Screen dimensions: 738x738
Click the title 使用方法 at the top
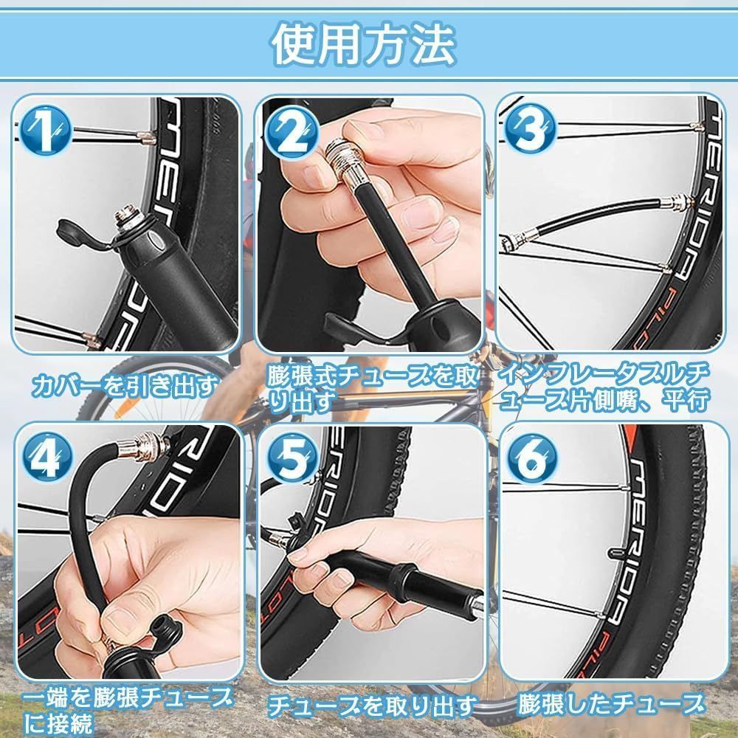pyautogui.click(x=363, y=44)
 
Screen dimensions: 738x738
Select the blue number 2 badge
pyautogui.click(x=292, y=134)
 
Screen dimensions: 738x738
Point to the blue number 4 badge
pyautogui.click(x=47, y=456)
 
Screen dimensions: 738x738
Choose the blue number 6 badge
pyautogui.click(x=532, y=458)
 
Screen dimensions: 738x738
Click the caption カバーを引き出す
pyautogui.click(x=125, y=386)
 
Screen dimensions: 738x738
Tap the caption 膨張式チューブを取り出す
pyautogui.click(x=372, y=389)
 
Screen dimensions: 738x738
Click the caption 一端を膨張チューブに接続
pyautogui.click(x=127, y=711)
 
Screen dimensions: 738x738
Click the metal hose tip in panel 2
pyautogui.click(x=348, y=162)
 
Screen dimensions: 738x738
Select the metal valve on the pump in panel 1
pyautogui.click(x=127, y=218)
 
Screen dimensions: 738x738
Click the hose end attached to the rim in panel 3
pyautogui.click(x=676, y=203)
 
